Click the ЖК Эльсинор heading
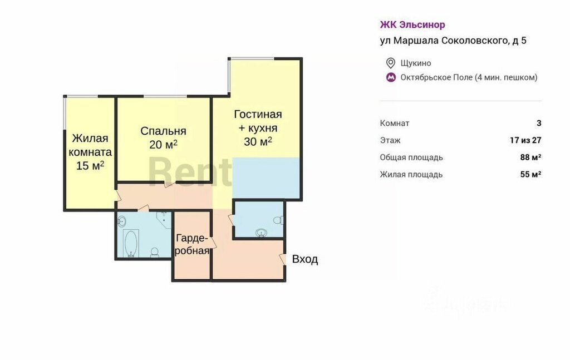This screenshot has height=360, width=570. [412, 24]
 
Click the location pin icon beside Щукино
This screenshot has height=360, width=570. [390, 63]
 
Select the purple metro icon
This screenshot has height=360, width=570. [391, 77]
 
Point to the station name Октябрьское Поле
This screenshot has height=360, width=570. [436, 77]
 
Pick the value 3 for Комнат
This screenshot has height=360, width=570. [539, 123]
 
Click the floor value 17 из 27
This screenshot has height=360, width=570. [525, 140]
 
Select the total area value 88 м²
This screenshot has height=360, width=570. [530, 157]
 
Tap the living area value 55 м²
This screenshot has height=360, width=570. [530, 174]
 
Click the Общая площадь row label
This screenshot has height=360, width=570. [411, 157]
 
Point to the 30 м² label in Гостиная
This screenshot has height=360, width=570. [258, 141]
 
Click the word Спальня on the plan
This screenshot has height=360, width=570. [163, 131]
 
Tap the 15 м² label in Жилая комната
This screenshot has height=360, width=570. [90, 166]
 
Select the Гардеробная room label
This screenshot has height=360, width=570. [192, 244]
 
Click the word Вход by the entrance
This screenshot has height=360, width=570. [305, 259]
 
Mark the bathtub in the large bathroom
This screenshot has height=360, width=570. [130, 243]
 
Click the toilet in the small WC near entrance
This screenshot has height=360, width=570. [278, 220]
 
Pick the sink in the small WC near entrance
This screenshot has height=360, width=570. [261, 233]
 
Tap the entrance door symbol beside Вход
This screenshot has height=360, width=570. [282, 259]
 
